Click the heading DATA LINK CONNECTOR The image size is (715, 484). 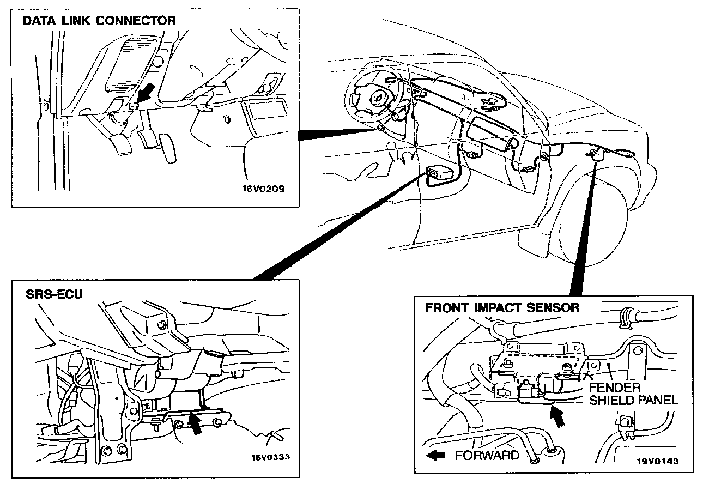click(x=99, y=21)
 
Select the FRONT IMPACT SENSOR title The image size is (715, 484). click(x=502, y=308)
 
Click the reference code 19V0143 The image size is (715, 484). click(x=658, y=461)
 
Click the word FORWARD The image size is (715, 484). click(x=487, y=455)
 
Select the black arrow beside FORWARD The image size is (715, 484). click(x=437, y=455)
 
